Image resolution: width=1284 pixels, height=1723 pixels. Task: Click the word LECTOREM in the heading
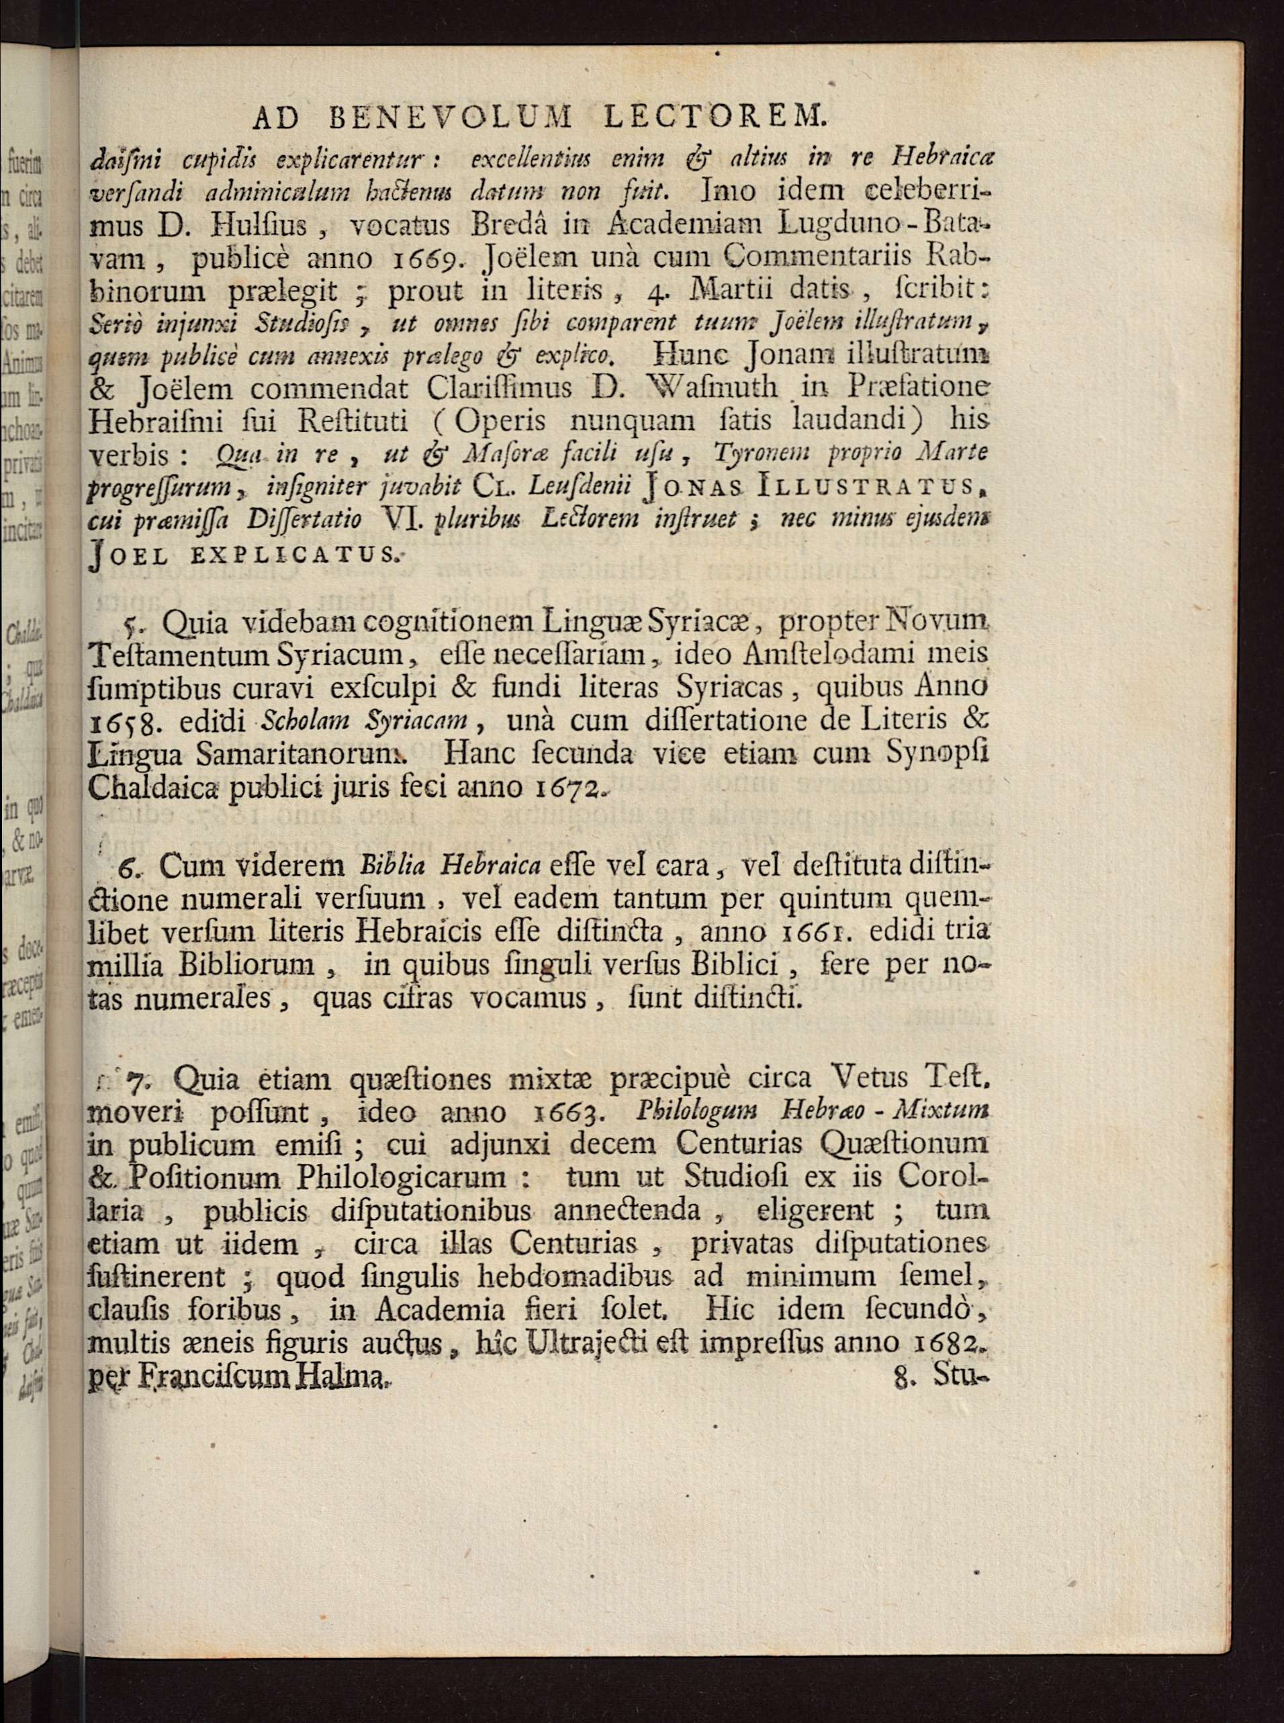[713, 118]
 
